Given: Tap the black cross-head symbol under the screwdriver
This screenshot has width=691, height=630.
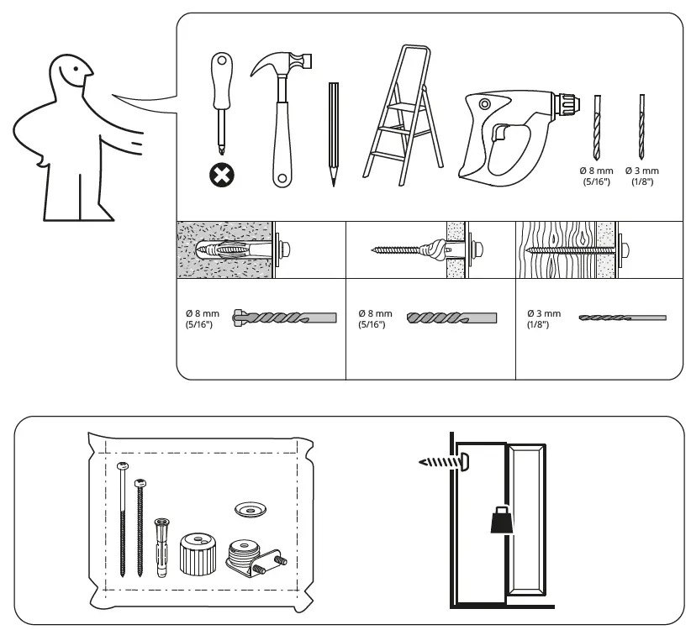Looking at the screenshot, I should tap(224, 176).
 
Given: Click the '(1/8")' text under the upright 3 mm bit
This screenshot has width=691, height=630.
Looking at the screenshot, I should tap(642, 181).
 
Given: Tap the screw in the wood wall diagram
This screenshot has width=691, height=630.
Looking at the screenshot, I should tap(572, 249).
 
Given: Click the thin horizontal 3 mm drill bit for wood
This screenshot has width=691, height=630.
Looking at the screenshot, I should tap(622, 318).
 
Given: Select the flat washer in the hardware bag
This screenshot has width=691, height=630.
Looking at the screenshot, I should tap(249, 509).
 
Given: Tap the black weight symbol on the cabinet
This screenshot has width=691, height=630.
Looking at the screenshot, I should tap(501, 521).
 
